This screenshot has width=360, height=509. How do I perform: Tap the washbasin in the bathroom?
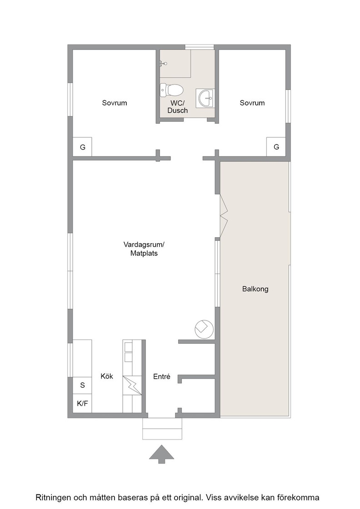point(205,98)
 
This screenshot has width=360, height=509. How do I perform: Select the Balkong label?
point(255,289)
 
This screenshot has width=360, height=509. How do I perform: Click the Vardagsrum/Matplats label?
point(144,249)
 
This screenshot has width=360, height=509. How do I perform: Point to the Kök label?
point(107,376)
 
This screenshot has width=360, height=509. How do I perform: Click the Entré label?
point(162,377)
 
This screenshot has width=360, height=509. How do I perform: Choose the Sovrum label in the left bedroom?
point(114,103)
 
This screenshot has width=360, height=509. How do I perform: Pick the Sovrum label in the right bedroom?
point(252,103)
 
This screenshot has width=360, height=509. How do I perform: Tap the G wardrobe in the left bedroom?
point(82,147)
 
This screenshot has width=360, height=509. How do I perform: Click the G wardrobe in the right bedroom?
point(276,147)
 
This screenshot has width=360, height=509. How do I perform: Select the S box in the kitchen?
point(82,385)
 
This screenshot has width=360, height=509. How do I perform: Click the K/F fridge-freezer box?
point(82,404)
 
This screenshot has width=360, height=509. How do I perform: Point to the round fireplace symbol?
point(204,329)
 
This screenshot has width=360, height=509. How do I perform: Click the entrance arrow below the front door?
point(162,454)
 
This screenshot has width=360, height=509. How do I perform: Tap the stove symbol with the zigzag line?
point(132,385)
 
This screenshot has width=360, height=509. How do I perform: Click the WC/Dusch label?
point(178,107)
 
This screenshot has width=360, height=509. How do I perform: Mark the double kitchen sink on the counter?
point(128,352)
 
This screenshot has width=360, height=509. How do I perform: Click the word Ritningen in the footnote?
point(53,498)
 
